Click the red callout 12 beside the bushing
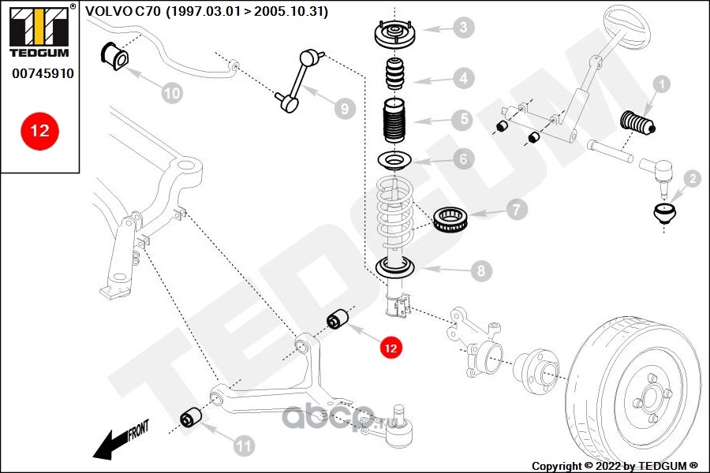(391, 346)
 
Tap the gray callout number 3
(464, 28)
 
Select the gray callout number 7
(517, 210)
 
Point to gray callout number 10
(172, 93)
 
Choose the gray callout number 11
(245, 446)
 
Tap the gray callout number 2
(692, 180)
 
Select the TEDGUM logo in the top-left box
(39, 32)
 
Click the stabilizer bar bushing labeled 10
(112, 55)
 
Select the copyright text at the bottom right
(615, 465)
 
